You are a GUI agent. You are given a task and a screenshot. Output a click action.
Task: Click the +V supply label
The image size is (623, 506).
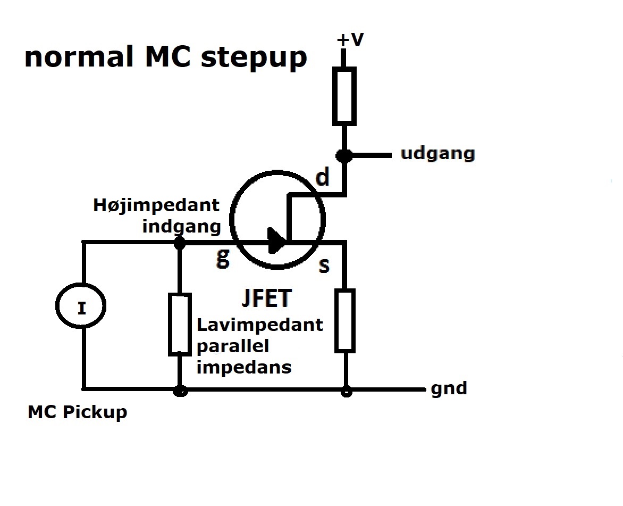coord(350,39)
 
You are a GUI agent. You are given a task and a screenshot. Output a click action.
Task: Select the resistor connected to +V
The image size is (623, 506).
coord(344,96)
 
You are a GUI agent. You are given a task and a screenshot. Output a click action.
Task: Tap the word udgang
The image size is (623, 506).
coord(437,154)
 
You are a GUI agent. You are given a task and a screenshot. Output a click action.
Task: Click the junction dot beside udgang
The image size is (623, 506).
coord(344,155)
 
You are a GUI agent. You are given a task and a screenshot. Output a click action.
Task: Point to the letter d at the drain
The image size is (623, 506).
coord(323,177)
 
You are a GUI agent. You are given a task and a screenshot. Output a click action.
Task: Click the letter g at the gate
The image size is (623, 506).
coord(223,258)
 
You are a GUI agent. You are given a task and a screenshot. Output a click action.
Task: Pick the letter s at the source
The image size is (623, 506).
coord(324,266)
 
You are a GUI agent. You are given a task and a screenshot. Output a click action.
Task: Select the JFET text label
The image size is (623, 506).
coord(266,298)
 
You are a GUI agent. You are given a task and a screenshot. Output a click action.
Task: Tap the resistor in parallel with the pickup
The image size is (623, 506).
coord(180,324)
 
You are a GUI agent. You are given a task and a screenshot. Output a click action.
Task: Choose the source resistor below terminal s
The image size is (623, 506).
coord(345,321)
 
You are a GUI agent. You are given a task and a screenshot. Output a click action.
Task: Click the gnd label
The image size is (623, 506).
coord(449,388)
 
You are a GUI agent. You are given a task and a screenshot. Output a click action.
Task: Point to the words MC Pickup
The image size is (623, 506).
coord(78,412)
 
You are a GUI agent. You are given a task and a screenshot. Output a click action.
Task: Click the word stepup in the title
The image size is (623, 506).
coord(254,57)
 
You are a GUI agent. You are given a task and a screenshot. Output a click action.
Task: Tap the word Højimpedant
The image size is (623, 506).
coord(156,206)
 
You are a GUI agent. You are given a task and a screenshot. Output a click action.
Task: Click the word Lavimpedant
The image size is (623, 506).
coord(260,325)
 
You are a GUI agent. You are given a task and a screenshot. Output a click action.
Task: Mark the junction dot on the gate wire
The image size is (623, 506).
coord(180,242)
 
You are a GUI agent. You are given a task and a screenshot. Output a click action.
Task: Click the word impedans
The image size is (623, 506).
coord(244,367)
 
